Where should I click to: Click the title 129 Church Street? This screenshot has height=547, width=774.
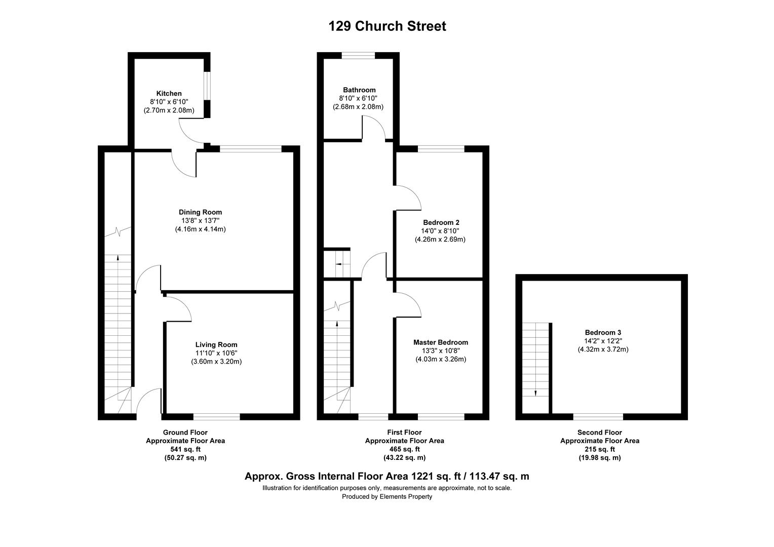(x=387, y=26)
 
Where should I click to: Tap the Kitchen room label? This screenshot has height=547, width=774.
(x=169, y=93)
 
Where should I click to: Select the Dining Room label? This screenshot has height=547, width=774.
(x=200, y=212)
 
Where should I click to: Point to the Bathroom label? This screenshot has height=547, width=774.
(x=359, y=90)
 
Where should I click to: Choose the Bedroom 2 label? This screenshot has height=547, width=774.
(x=441, y=222)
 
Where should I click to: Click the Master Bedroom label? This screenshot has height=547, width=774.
(x=440, y=342)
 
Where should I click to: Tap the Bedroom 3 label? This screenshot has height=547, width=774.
(x=603, y=332)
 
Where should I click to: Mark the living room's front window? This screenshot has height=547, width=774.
(x=216, y=417)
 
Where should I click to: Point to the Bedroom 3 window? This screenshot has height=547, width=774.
(x=598, y=417)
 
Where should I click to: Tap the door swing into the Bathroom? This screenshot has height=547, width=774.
(x=375, y=127)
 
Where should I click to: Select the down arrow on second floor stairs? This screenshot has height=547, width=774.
(x=535, y=393)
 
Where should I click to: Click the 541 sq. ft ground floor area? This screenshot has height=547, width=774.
(x=185, y=449)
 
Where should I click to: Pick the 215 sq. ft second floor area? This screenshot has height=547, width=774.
(x=599, y=449)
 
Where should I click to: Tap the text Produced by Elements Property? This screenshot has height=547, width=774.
(x=387, y=497)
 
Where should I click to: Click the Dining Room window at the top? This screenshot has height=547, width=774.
(x=251, y=149)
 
